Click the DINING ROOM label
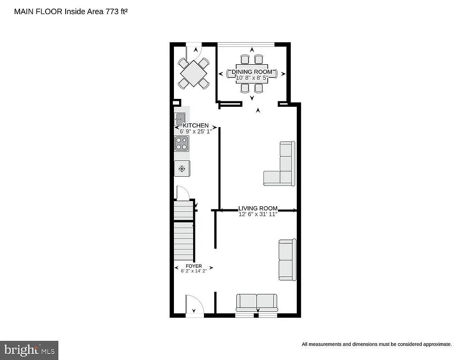click(x=252, y=71)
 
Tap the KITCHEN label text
click(x=195, y=126)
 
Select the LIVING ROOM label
click(x=258, y=209)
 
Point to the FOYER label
click(x=194, y=266)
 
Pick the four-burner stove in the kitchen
click(x=181, y=143)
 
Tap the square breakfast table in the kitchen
click(x=193, y=73)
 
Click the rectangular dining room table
click(x=252, y=74)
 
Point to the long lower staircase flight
click(x=184, y=241)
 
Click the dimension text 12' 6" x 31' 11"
click(x=258, y=214)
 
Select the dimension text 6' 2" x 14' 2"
click(x=194, y=271)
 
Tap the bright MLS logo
click(x=29, y=350)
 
